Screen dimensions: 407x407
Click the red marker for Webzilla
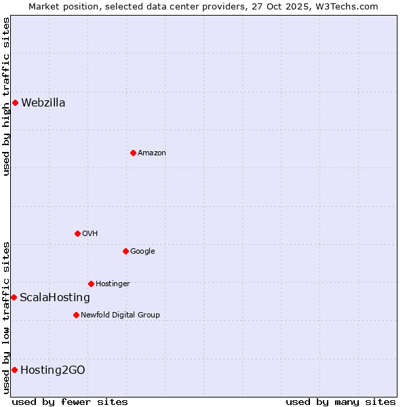pos(15,103)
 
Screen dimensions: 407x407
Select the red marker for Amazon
pos(133,153)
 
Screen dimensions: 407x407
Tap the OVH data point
pos(77,234)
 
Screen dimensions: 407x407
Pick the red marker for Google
pos(125,252)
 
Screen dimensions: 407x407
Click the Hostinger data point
pos(91,284)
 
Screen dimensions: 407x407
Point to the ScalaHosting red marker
pos(14,298)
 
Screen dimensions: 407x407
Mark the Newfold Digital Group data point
pos(76,315)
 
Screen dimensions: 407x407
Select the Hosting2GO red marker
pos(14,370)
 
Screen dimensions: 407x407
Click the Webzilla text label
pos(43,103)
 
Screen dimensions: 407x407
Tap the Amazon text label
pos(152,153)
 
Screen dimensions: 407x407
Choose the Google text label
pos(142,252)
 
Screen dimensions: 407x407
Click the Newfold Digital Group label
pos(120,315)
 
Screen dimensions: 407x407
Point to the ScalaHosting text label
pos(55,298)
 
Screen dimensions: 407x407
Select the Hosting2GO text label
pos(53,370)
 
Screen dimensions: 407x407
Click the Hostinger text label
pos(113,284)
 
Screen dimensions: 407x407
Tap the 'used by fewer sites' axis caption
pos(70,402)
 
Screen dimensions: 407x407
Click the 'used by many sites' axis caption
pos(341,402)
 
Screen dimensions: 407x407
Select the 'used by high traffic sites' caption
pos(6,96)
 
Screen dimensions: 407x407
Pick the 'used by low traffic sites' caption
pos(6,317)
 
